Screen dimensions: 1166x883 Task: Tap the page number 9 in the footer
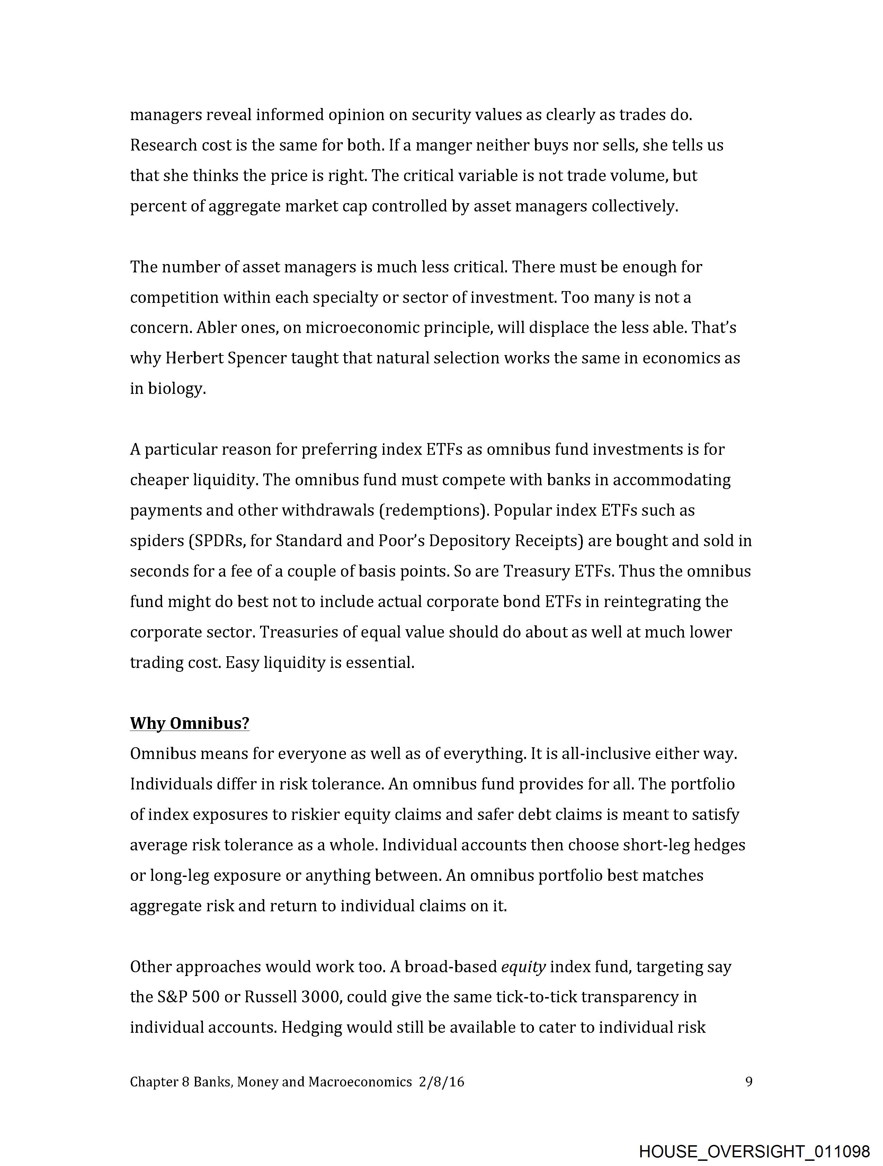[x=749, y=1082]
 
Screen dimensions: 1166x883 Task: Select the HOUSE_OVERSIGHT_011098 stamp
[x=754, y=1151]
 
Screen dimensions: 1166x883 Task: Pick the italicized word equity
[x=523, y=966]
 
